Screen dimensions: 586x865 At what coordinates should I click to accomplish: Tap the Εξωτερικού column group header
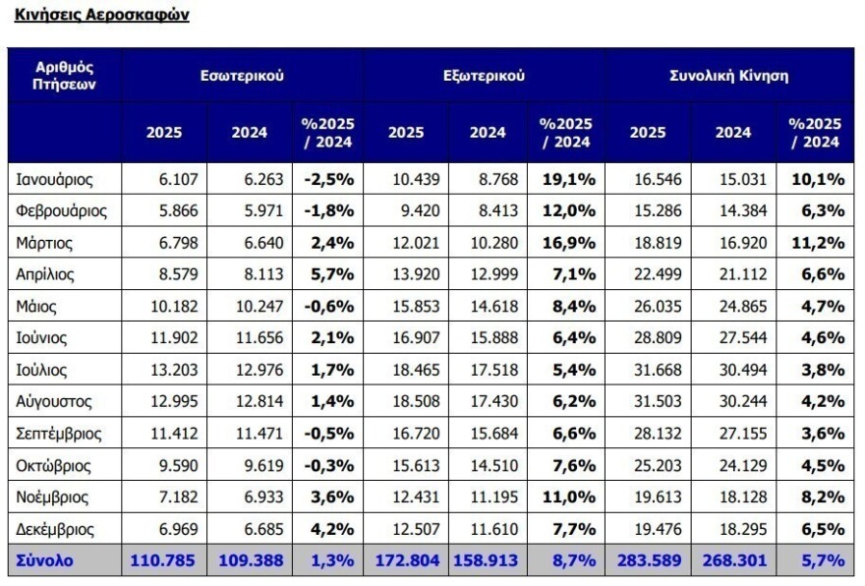484,76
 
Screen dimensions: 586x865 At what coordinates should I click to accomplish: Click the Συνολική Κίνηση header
728,76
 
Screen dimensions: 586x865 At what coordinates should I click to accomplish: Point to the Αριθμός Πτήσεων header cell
64,75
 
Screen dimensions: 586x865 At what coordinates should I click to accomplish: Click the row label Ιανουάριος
55,180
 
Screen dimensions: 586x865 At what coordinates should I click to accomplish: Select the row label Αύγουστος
55,401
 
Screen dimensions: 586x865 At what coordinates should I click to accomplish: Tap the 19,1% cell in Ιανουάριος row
567,180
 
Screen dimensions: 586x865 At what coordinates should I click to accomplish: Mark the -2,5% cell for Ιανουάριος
328,180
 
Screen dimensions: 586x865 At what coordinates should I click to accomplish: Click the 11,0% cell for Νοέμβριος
567,497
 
